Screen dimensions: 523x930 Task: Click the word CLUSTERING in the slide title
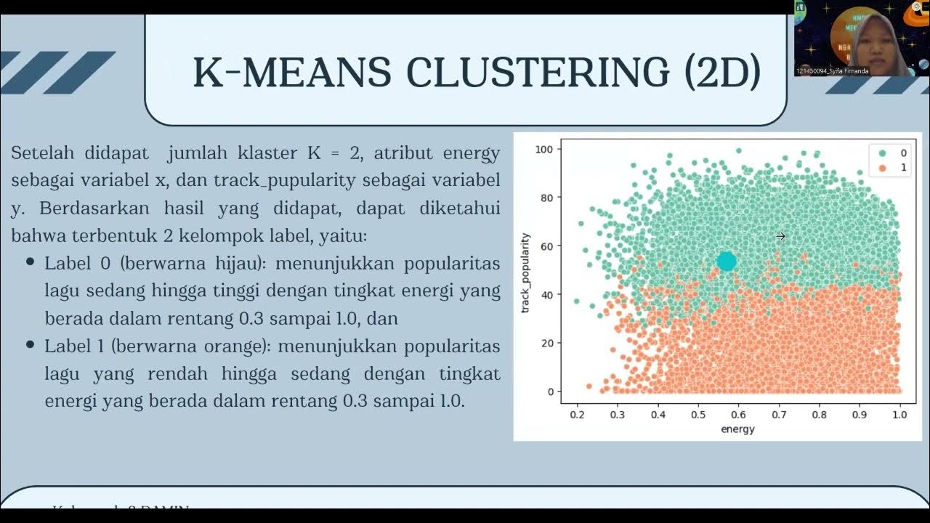click(538, 72)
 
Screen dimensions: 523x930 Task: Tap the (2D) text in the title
click(722, 72)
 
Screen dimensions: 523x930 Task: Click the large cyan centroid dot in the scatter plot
click(727, 261)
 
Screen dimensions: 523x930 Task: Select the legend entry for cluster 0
click(892, 153)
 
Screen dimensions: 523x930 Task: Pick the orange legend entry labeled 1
click(892, 168)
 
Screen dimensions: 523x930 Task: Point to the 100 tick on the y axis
click(544, 150)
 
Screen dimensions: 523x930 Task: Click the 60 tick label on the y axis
click(547, 246)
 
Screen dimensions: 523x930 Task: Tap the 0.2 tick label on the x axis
click(577, 415)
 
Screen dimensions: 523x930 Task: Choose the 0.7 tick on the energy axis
click(779, 415)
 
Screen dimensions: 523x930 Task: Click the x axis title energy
click(737, 429)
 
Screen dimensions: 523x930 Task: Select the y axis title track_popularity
click(525, 273)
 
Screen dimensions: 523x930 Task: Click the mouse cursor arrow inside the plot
click(780, 236)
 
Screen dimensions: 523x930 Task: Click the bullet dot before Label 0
click(31, 262)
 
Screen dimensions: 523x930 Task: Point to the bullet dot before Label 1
click(31, 345)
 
